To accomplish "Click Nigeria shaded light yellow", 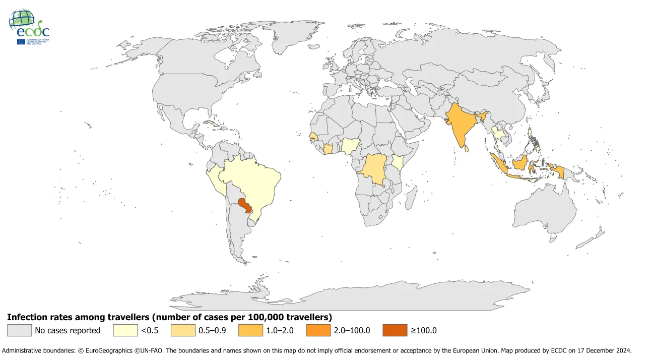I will pos(350,146).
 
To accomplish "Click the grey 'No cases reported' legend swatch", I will pos(19,330).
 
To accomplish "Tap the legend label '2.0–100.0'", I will pos(353,330).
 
